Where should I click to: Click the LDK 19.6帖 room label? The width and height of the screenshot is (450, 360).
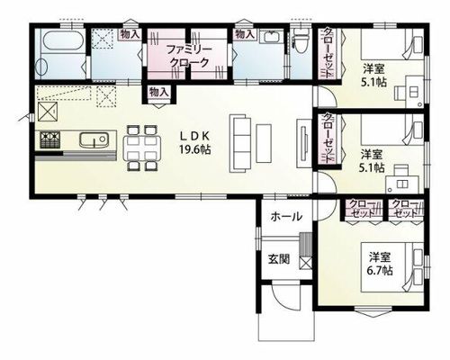pos(195,142)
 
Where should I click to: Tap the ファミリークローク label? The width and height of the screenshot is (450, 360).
pos(189,56)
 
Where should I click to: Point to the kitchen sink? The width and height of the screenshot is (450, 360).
pos(94,139)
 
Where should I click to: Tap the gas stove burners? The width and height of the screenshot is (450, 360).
pos(49,139)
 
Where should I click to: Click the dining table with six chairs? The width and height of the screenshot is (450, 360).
pos(142,148)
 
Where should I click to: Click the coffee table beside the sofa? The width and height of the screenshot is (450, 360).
pos(264,143)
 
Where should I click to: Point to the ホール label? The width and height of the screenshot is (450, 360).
pos(286,217)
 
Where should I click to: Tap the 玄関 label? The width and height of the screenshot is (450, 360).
pos(279,258)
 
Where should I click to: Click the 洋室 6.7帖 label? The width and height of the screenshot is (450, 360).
pos(380,264)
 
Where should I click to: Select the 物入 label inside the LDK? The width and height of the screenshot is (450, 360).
pos(159,92)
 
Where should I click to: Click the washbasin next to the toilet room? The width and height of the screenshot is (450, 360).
pos(272,37)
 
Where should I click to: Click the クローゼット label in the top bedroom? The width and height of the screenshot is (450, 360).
pos(329,53)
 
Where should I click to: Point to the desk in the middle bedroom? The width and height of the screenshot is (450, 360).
pos(401,184)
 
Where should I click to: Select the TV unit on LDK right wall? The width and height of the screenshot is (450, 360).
pos(303,143)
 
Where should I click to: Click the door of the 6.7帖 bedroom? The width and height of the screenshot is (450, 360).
pos(327,210)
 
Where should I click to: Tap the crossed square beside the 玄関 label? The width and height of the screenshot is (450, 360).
pos(306,263)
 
